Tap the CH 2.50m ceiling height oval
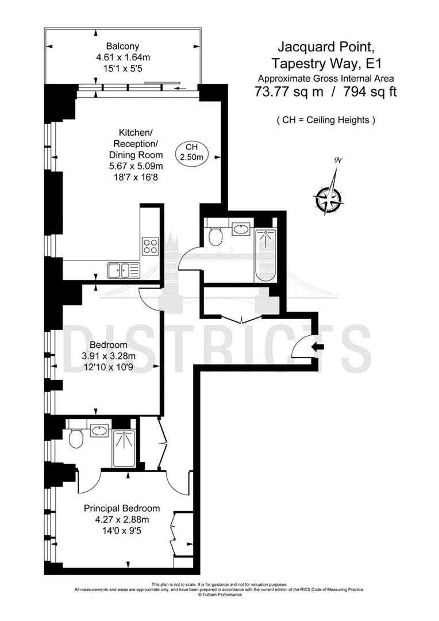point(191,152)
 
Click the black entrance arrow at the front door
point(318,347)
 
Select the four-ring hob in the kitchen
point(151,246)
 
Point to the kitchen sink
point(124,270)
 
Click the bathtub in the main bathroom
point(265,255)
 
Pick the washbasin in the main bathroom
point(240,229)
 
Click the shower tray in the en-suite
point(124,448)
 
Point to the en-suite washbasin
point(99,431)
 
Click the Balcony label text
point(123,47)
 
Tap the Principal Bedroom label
point(122,508)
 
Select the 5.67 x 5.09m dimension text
point(136,166)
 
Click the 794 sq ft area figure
point(370,92)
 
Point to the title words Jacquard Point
point(326,47)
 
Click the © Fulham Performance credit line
point(219,595)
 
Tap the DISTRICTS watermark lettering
point(217,348)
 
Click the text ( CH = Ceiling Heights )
point(326,120)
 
